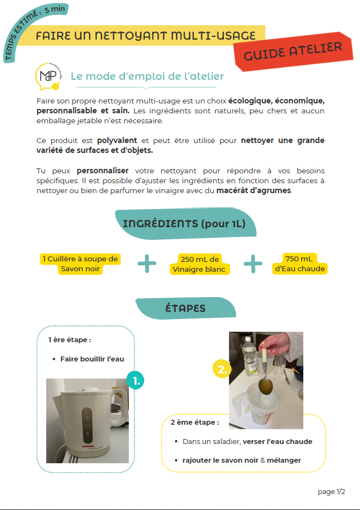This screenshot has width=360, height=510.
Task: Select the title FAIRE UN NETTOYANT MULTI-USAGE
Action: pos(146,36)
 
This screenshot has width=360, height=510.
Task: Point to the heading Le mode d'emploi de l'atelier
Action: pos(147,76)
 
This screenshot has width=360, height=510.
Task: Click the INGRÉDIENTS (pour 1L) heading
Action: pos(184,223)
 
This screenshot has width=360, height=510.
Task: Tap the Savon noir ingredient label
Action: pos(80,264)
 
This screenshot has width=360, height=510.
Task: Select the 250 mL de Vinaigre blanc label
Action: pos(200,264)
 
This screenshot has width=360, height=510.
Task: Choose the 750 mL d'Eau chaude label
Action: pos(299,264)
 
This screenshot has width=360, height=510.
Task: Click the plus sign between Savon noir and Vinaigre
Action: pos(147,264)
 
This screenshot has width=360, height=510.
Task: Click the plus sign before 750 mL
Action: pos(253,264)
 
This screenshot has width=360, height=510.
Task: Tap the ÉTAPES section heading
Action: pos(185,308)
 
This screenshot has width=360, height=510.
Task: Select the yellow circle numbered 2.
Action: pos(221,369)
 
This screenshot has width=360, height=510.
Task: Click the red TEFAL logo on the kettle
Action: pos(88,447)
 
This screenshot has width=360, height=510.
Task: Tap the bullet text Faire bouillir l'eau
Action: pos(92,359)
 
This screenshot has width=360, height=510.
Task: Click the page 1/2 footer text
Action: pos(331,491)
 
